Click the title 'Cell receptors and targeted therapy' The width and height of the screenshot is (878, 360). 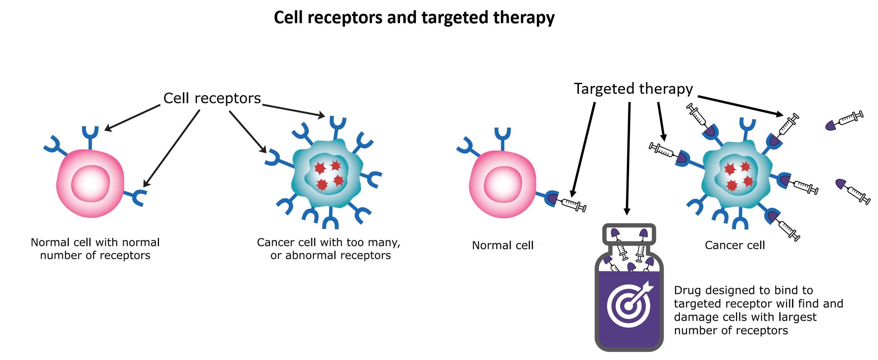[x=414, y=18]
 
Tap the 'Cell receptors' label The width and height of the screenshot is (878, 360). [x=212, y=98]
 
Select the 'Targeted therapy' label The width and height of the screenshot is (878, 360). [x=633, y=89]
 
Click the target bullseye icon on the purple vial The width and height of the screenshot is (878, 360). [x=629, y=305]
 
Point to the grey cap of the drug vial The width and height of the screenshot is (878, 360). [x=629, y=235]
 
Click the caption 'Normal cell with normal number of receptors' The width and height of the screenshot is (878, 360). [x=95, y=249]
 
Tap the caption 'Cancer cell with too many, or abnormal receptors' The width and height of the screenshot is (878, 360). [x=329, y=249]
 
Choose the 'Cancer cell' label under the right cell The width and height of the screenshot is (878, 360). [x=735, y=245]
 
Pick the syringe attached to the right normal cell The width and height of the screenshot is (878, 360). [x=574, y=205]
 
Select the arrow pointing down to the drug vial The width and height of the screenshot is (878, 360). [x=628, y=157]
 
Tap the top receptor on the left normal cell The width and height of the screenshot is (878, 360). [x=90, y=135]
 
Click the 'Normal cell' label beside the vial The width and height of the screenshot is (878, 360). [x=502, y=245]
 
